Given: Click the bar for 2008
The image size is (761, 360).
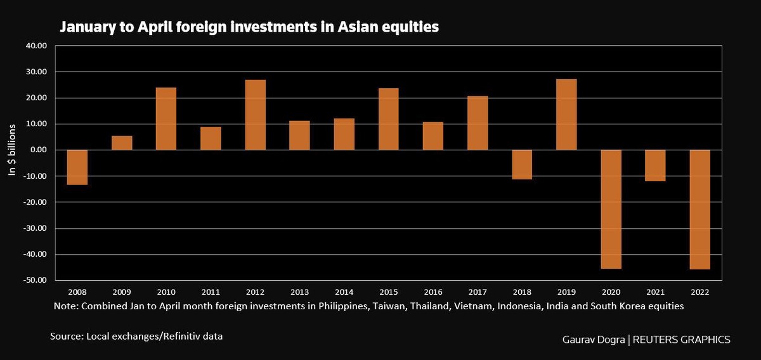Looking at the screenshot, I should [x=77, y=167].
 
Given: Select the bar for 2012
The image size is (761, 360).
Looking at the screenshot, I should [x=255, y=115].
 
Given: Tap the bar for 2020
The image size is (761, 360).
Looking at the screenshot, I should [x=611, y=209].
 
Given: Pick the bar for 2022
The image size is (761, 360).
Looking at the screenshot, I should [x=699, y=210].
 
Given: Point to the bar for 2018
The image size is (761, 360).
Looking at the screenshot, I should [x=522, y=165].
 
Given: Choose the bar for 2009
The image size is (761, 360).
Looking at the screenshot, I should [x=122, y=143].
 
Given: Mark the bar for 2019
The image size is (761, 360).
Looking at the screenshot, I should [x=566, y=115].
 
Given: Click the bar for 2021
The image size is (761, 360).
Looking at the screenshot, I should [x=655, y=165].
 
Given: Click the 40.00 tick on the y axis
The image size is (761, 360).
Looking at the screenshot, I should [x=37, y=46].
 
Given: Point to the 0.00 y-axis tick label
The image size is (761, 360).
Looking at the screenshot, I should [x=39, y=150].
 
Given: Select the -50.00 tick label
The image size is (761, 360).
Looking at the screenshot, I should [x=36, y=280].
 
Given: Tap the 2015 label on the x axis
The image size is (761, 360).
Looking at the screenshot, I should [x=388, y=292].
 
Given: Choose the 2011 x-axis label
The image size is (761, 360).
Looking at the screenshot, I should [x=211, y=292].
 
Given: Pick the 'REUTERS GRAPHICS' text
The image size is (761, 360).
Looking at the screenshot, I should [x=682, y=340].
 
